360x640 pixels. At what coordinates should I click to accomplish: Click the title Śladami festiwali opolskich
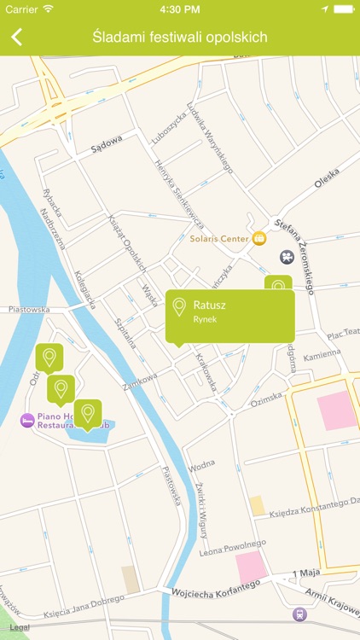point(180,37)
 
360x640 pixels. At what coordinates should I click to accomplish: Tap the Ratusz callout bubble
point(230,313)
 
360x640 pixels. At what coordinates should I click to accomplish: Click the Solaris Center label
point(219,238)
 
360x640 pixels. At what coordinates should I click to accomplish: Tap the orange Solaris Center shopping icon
point(258,238)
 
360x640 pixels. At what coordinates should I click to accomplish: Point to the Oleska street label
point(327,180)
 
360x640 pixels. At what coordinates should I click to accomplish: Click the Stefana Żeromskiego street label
point(295,256)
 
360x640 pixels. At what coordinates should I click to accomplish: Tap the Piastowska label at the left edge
point(26,310)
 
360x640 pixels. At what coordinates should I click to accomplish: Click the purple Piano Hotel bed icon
point(28,420)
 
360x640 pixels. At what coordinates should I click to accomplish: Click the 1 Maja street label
point(305,572)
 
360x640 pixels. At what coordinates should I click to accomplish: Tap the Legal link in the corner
point(20,627)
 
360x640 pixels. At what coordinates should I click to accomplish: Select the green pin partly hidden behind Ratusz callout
point(278,283)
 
